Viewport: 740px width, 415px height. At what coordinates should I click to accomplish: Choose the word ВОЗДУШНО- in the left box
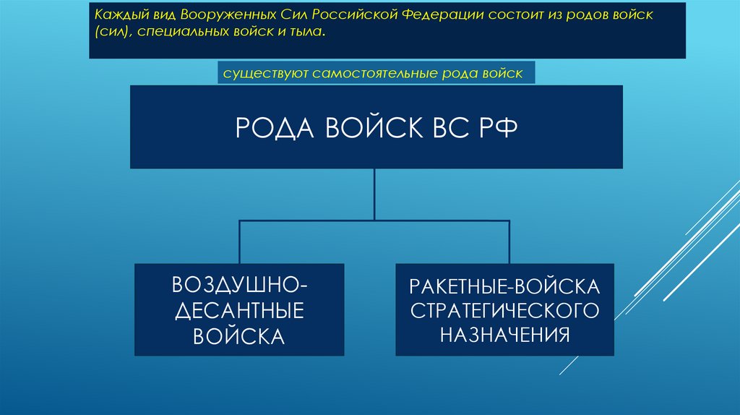(x=238, y=284)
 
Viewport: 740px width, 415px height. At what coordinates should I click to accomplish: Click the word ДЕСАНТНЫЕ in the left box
(x=238, y=310)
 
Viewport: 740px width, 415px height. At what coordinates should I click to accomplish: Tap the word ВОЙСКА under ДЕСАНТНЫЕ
(x=238, y=336)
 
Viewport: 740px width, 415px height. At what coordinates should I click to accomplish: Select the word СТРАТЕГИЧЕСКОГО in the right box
(x=504, y=310)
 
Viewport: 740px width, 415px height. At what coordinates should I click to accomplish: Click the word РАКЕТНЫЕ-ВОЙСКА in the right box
(x=504, y=285)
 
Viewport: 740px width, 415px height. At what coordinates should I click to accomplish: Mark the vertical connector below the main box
(x=374, y=194)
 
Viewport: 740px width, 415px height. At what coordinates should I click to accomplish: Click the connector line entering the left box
(x=239, y=242)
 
